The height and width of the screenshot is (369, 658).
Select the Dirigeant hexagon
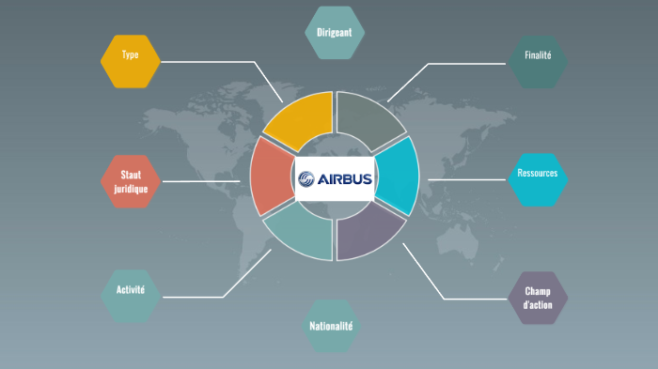click(335, 33)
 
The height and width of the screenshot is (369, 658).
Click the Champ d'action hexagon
click(538, 299)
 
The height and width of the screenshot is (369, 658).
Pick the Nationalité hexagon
click(331, 327)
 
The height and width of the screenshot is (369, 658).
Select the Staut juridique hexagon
click(131, 180)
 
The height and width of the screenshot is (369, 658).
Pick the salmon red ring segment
click(270, 176)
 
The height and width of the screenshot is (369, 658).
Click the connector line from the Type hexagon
click(216, 63)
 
